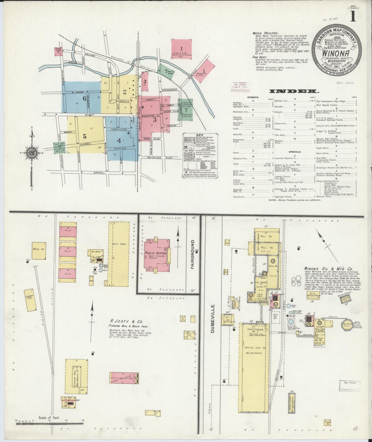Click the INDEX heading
click(x=294, y=91)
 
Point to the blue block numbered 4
click(x=119, y=141)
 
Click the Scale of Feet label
click(x=49, y=418)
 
